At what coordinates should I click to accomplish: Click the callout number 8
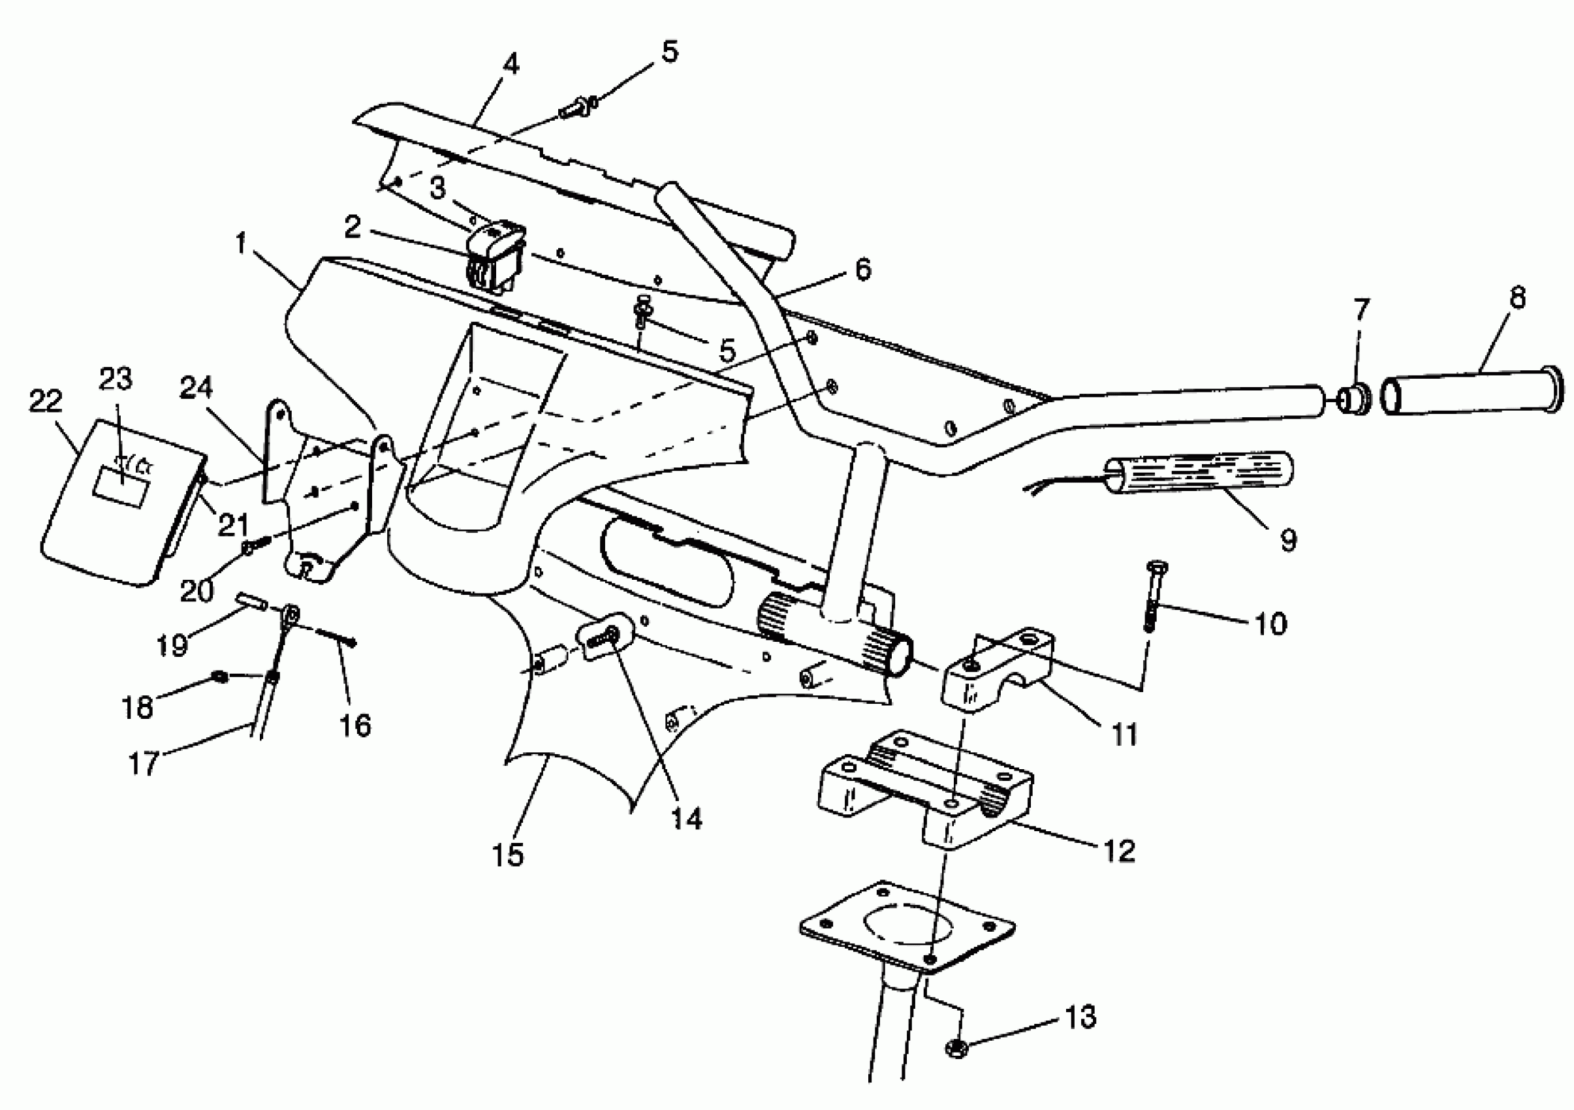[1517, 299]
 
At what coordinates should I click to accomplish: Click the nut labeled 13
[958, 1047]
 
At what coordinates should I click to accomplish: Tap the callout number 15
[507, 855]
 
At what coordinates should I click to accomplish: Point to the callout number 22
[45, 401]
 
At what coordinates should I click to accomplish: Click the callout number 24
[197, 388]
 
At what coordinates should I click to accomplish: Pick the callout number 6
[862, 270]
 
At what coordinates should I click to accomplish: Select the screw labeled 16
[336, 637]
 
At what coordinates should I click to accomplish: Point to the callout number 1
[241, 244]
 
